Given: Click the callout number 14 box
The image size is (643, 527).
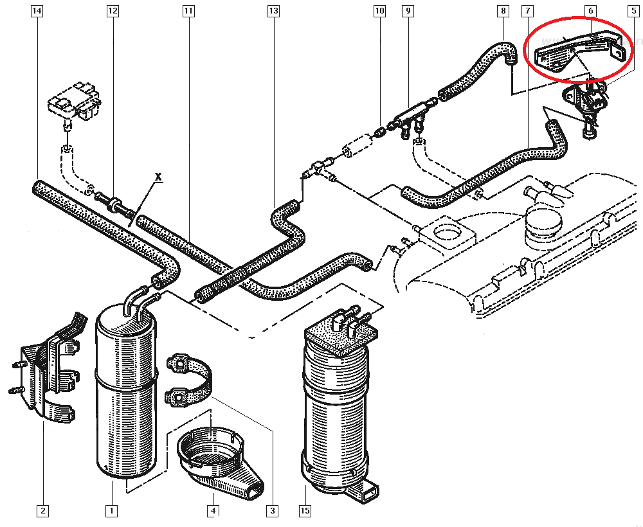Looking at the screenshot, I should click(x=37, y=11).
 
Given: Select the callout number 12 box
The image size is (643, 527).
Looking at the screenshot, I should click(x=113, y=11).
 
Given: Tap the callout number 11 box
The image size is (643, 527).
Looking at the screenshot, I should click(x=188, y=11).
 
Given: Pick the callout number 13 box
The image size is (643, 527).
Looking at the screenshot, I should click(x=273, y=11).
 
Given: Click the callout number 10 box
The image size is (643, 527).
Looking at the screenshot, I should click(x=379, y=11).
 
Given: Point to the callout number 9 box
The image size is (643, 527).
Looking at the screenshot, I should click(x=407, y=11).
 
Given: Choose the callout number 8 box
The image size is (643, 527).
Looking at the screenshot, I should click(x=503, y=11).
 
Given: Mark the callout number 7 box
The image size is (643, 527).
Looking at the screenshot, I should click(x=527, y=11).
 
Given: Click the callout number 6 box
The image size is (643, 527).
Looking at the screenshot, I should click(x=590, y=11).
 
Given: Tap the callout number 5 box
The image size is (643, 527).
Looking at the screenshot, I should click(x=633, y=11).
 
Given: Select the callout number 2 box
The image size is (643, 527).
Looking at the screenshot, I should click(x=42, y=511).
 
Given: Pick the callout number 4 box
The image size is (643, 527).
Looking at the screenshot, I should click(x=213, y=511).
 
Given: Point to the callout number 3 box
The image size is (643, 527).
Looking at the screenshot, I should click(x=273, y=511).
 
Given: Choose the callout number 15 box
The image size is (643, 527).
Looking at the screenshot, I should click(x=305, y=511).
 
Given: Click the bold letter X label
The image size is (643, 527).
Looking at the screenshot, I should click(x=156, y=175).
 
